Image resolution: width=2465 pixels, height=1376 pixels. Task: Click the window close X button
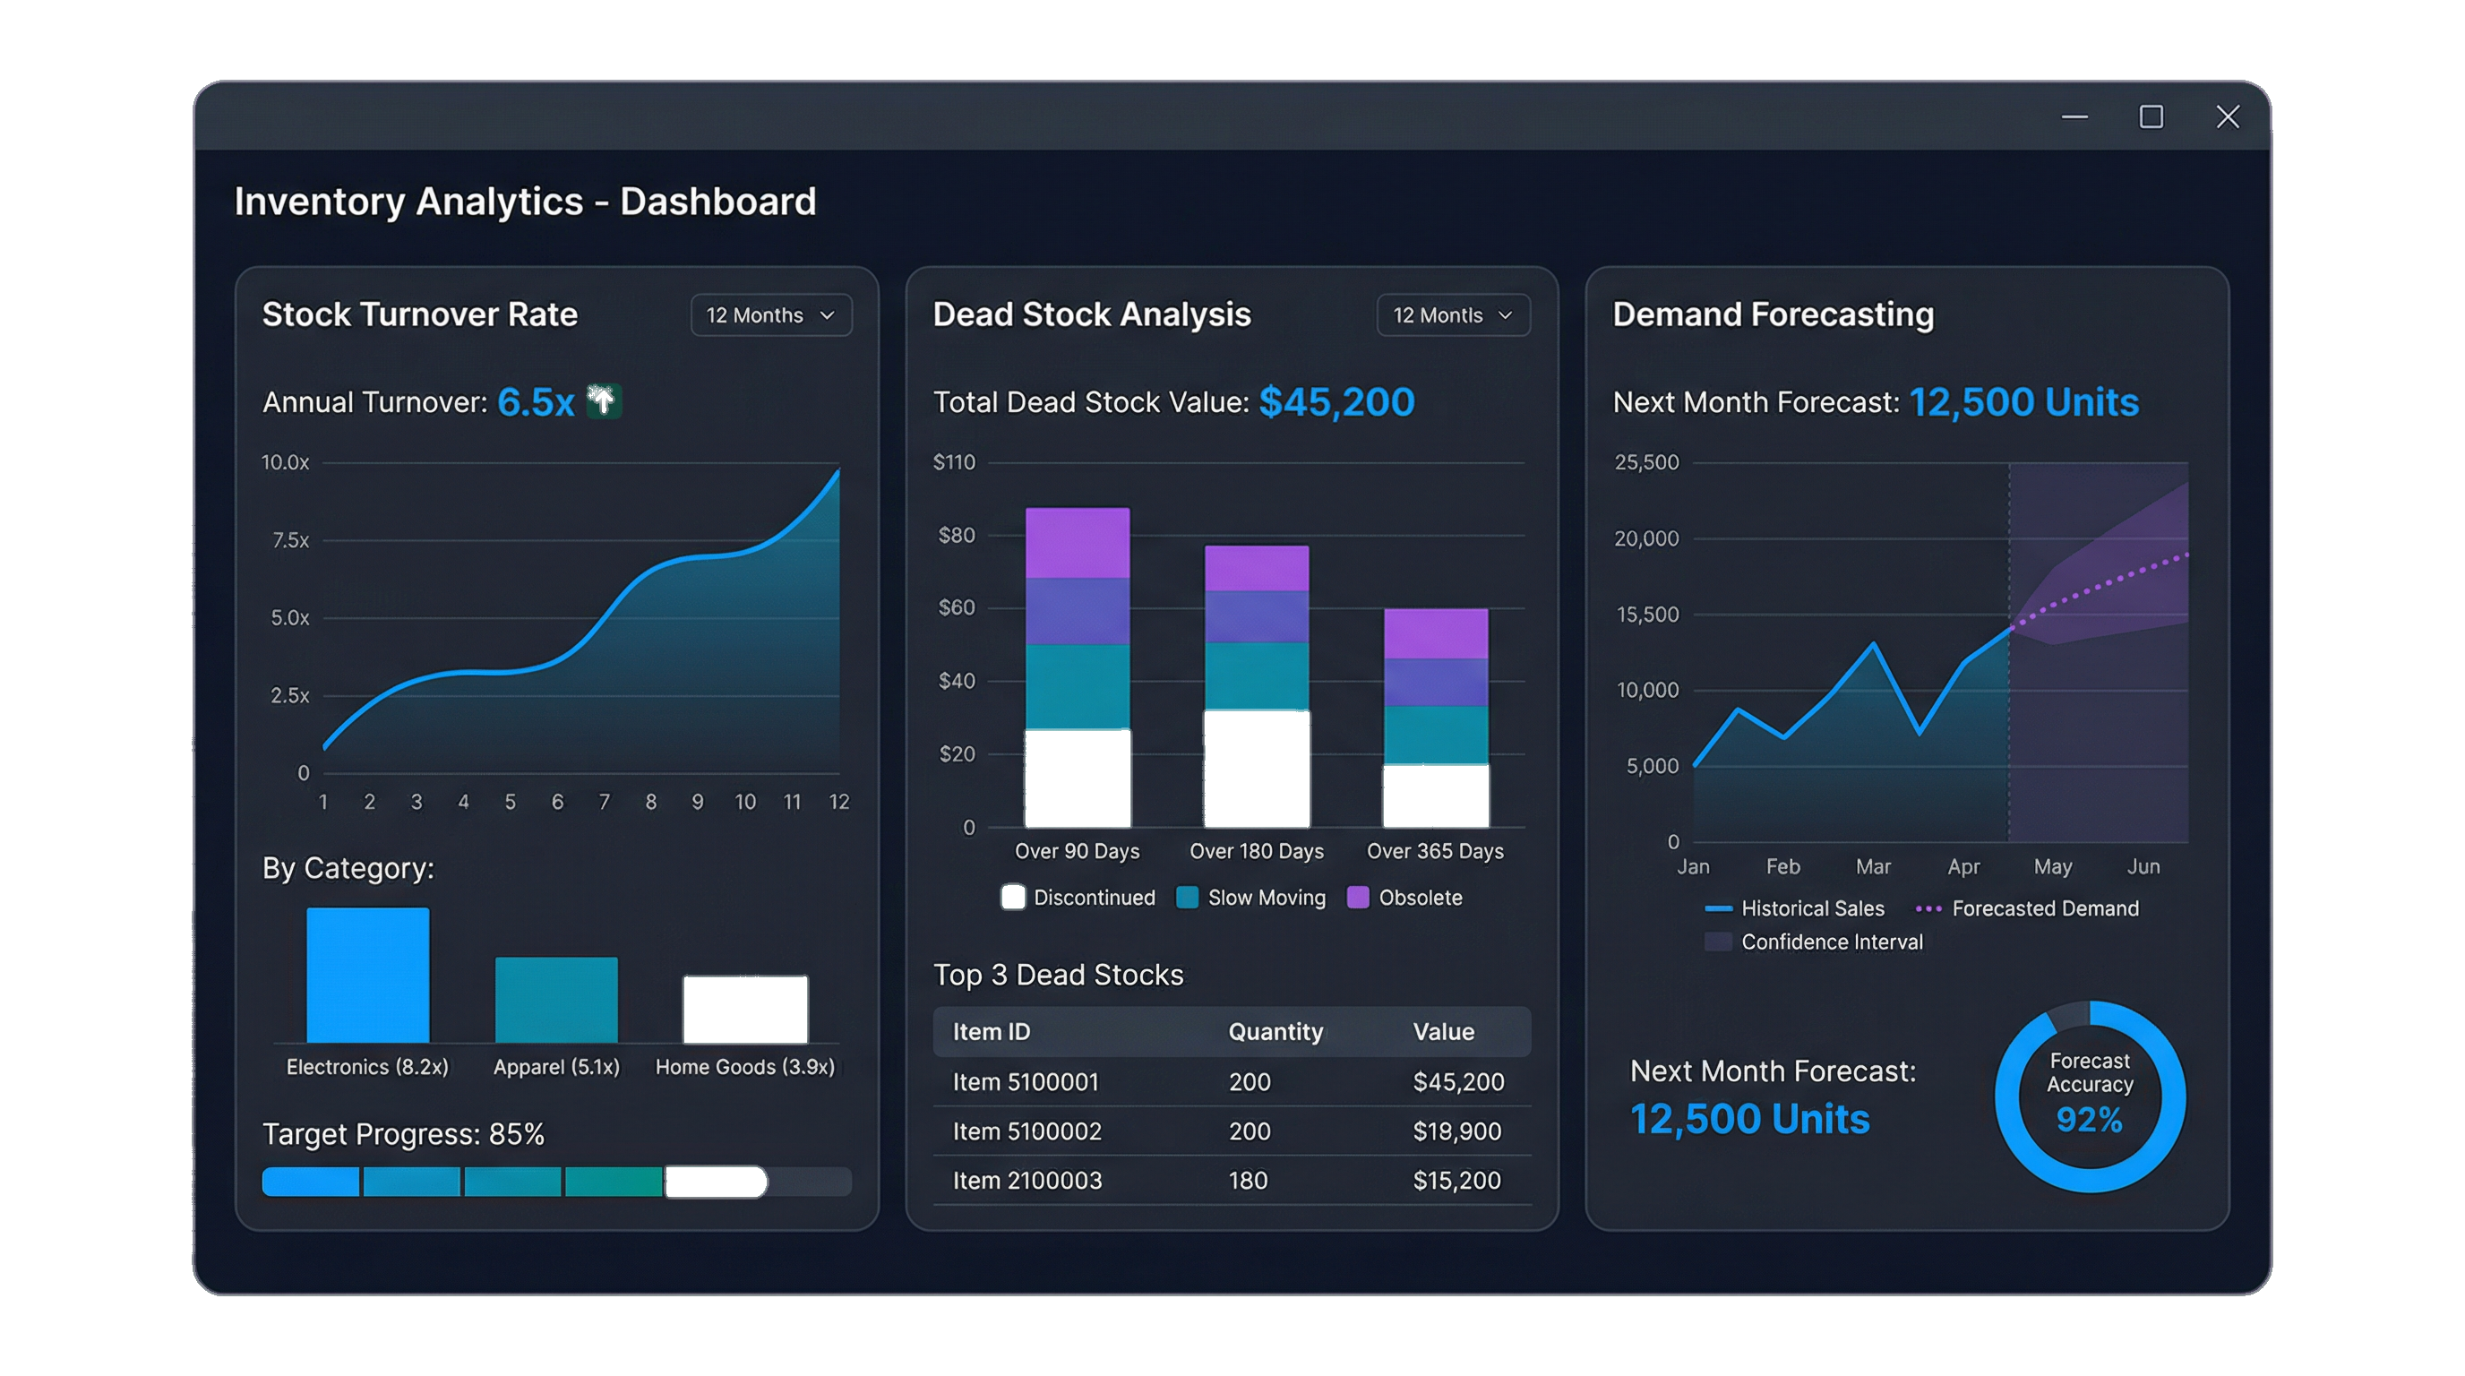2228,116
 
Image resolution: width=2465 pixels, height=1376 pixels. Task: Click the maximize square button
2152,116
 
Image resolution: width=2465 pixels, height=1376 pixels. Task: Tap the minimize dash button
2074,116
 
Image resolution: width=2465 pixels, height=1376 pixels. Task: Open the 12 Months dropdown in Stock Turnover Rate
771,314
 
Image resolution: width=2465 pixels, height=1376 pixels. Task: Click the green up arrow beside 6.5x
604,402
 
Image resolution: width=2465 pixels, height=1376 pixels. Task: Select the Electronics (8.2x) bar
367,974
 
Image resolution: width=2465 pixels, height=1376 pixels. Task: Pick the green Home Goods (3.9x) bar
744,1009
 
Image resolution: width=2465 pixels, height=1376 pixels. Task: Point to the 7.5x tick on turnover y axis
290,541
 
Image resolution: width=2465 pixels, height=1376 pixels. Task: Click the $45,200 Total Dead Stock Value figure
1336,402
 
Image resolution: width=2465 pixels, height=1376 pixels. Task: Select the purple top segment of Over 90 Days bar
1078,543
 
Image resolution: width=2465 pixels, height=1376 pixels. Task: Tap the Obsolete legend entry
1404,898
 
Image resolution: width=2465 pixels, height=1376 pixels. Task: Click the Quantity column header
1275,1031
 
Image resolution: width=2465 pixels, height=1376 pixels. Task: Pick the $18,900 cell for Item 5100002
1456,1131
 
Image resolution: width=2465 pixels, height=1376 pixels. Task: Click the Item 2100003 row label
1026,1181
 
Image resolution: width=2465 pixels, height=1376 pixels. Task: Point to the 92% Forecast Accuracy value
2089,1120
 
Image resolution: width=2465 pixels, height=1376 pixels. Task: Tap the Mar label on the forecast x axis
1873,867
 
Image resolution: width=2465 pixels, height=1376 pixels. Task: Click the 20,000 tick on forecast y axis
1646,538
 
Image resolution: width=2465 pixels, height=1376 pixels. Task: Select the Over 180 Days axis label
1257,852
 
